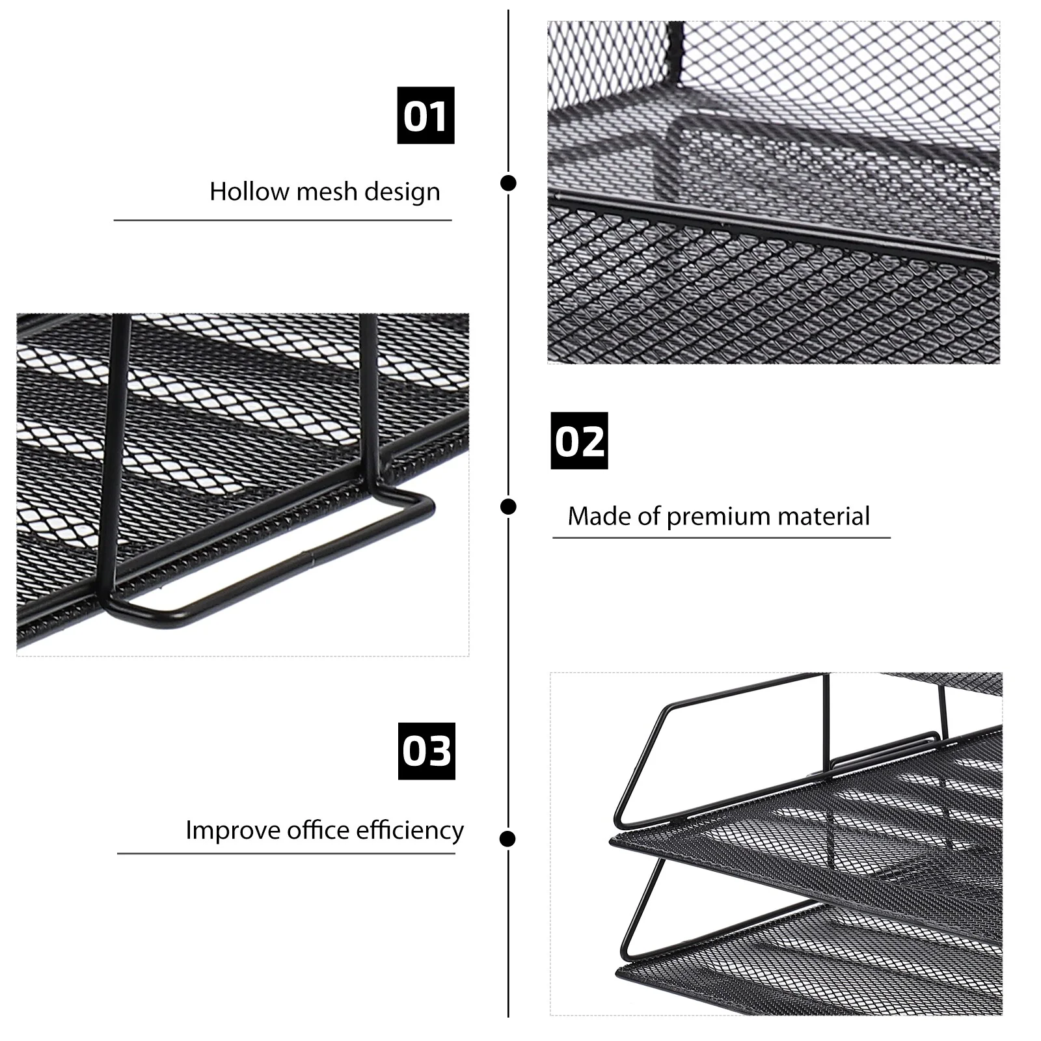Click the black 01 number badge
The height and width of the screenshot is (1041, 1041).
426,115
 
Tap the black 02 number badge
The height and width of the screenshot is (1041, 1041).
579,440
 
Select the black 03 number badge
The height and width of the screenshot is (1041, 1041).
427,751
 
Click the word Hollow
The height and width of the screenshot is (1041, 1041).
249,191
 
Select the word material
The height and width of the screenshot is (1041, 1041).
824,516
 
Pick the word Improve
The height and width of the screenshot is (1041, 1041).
233,831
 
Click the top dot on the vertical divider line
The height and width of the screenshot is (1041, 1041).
508,183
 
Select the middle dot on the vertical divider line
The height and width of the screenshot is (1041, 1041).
508,506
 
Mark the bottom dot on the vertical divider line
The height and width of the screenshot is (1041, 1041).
508,839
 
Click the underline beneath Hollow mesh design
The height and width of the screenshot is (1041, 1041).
282,221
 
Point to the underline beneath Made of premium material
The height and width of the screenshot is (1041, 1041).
722,538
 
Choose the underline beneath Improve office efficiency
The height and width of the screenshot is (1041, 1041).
286,853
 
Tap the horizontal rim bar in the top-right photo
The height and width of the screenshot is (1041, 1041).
774,228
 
